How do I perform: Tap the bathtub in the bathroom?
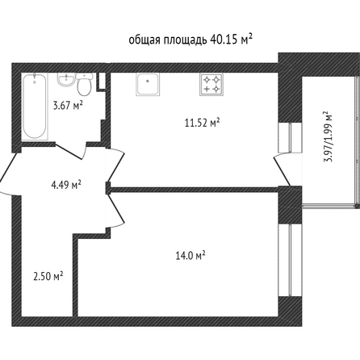click(35, 107)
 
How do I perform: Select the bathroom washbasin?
click(65, 80)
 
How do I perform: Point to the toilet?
click(85, 84)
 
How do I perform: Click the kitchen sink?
click(148, 84)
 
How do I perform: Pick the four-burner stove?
click(211, 84)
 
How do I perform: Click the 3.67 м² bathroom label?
click(68, 105)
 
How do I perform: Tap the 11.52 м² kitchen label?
click(202, 123)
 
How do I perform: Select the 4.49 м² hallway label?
click(66, 185)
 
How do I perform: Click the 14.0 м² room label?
click(190, 255)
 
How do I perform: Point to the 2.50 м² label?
click(48, 276)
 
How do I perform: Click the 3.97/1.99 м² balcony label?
click(328, 136)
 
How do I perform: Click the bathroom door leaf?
click(69, 152)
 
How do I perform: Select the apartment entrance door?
click(10, 167)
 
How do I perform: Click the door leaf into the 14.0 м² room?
click(116, 208)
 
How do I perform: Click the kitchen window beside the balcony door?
click(290, 138)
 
